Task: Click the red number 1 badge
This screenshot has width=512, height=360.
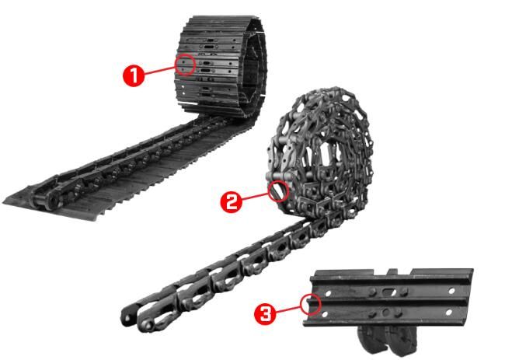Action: (x=133, y=75)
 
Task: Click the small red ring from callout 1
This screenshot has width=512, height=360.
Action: (x=184, y=63)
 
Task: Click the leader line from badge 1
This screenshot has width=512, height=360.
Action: (x=160, y=69)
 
